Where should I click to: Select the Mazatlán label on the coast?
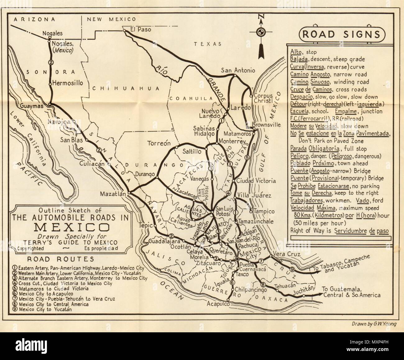pos(112,194)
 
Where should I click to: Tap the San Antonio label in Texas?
pos(238,70)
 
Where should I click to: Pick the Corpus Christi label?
pos(263,98)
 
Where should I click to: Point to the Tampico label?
pos(264,211)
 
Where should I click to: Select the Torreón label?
pos(159,143)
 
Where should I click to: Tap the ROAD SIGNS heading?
pos(341,34)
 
